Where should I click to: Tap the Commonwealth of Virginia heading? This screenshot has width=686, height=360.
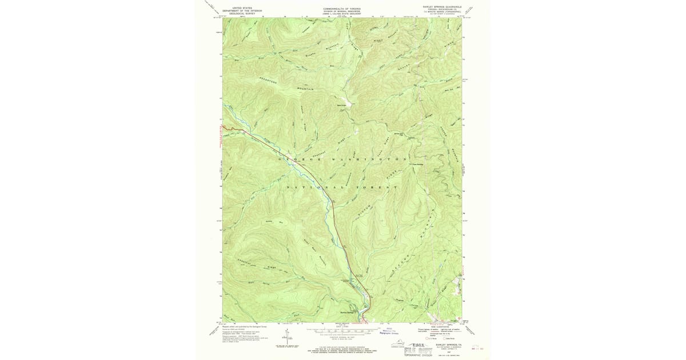[x=342, y=9]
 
